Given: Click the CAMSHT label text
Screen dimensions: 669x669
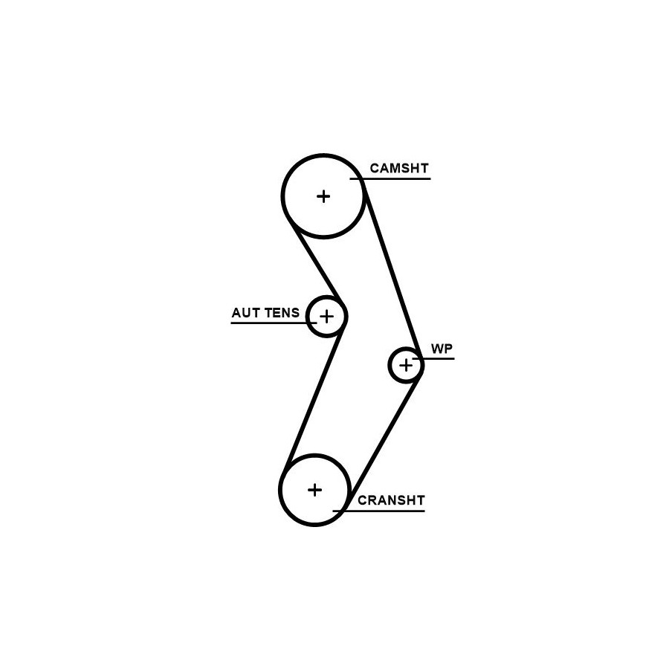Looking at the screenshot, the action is coord(399,168).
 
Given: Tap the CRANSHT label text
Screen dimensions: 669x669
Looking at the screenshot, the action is coord(391,500).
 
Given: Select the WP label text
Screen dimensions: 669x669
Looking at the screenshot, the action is coord(442,349).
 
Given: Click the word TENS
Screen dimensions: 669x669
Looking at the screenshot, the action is coord(282,313).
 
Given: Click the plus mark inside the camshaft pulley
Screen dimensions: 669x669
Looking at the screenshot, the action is coord(324,196).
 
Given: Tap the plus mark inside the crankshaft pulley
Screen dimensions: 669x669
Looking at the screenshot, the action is coord(315,490).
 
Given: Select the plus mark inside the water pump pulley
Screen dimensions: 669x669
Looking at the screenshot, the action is coord(406,365).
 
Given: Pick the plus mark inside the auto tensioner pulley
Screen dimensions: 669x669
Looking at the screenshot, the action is coord(327,317).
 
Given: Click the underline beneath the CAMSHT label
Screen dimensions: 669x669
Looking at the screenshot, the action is coord(390,178).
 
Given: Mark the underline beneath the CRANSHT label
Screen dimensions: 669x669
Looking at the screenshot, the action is coord(379,511).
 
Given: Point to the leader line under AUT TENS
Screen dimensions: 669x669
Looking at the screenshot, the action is coord(274,323).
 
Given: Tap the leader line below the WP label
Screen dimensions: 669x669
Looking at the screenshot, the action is coord(433,358).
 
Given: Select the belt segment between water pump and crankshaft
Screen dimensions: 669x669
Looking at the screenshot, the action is coord(384,439).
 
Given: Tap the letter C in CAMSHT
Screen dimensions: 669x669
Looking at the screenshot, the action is coord(375,168).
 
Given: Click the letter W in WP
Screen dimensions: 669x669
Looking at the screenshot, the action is coord(437,349).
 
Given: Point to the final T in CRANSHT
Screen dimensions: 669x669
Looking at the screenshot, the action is coord(420,500).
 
